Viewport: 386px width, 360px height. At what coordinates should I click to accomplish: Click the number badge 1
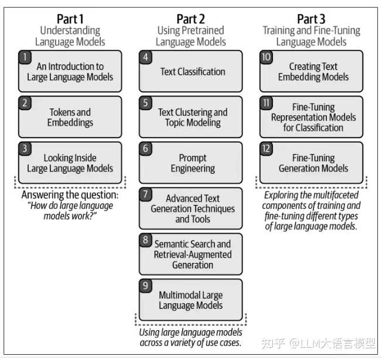[x=25, y=57]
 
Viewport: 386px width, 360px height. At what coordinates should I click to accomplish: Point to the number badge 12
[x=267, y=149]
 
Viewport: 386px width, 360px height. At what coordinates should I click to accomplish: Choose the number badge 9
[x=146, y=286]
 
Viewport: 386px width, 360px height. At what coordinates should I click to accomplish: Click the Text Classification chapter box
[x=191, y=71]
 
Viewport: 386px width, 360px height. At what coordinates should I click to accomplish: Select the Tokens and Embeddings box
[x=70, y=117]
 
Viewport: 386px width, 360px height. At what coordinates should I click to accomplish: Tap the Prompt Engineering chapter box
[x=191, y=163]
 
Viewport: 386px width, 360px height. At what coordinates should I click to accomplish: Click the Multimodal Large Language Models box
[x=191, y=300]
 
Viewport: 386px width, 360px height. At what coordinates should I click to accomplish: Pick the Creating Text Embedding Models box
[x=312, y=71]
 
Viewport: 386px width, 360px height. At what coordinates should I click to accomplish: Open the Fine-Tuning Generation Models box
[x=312, y=163]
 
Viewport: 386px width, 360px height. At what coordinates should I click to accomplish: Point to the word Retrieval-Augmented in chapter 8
[x=193, y=255]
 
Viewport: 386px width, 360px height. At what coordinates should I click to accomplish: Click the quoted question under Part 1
[x=70, y=211]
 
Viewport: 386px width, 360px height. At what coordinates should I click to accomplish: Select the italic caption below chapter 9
[x=190, y=337]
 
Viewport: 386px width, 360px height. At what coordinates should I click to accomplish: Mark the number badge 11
[x=267, y=103]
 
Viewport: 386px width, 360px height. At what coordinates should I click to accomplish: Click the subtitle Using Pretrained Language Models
[x=191, y=36]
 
